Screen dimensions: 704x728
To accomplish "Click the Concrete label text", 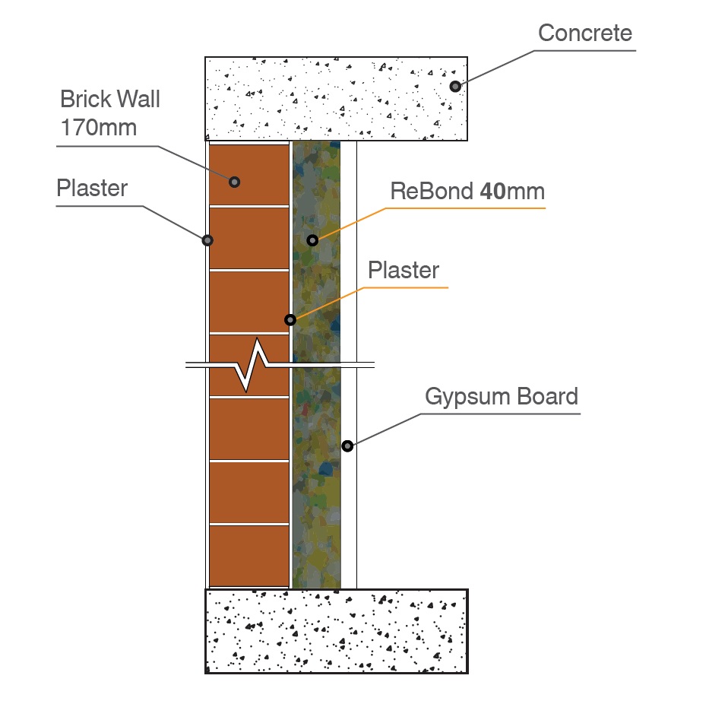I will (584, 33).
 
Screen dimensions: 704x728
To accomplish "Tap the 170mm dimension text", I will (99, 127).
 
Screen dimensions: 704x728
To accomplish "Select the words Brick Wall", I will (111, 100).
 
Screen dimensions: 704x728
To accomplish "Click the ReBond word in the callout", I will (432, 191).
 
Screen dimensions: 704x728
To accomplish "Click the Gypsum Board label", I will (501, 397).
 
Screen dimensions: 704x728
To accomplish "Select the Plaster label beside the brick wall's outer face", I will (92, 189).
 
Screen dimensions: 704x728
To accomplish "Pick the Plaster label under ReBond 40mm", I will (404, 271).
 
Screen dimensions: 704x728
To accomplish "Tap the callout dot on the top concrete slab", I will (454, 87).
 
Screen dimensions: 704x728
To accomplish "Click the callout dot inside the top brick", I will (235, 182).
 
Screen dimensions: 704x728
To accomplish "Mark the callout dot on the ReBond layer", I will (312, 240).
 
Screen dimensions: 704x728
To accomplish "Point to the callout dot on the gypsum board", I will (347, 446).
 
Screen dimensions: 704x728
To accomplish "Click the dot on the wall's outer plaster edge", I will (207, 240).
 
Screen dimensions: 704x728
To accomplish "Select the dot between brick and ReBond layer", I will (290, 319).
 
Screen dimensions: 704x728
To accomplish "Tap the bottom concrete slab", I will (336, 631).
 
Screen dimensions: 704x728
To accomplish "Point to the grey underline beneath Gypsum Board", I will (502, 414).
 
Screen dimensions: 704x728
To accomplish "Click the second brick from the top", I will (248, 237).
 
